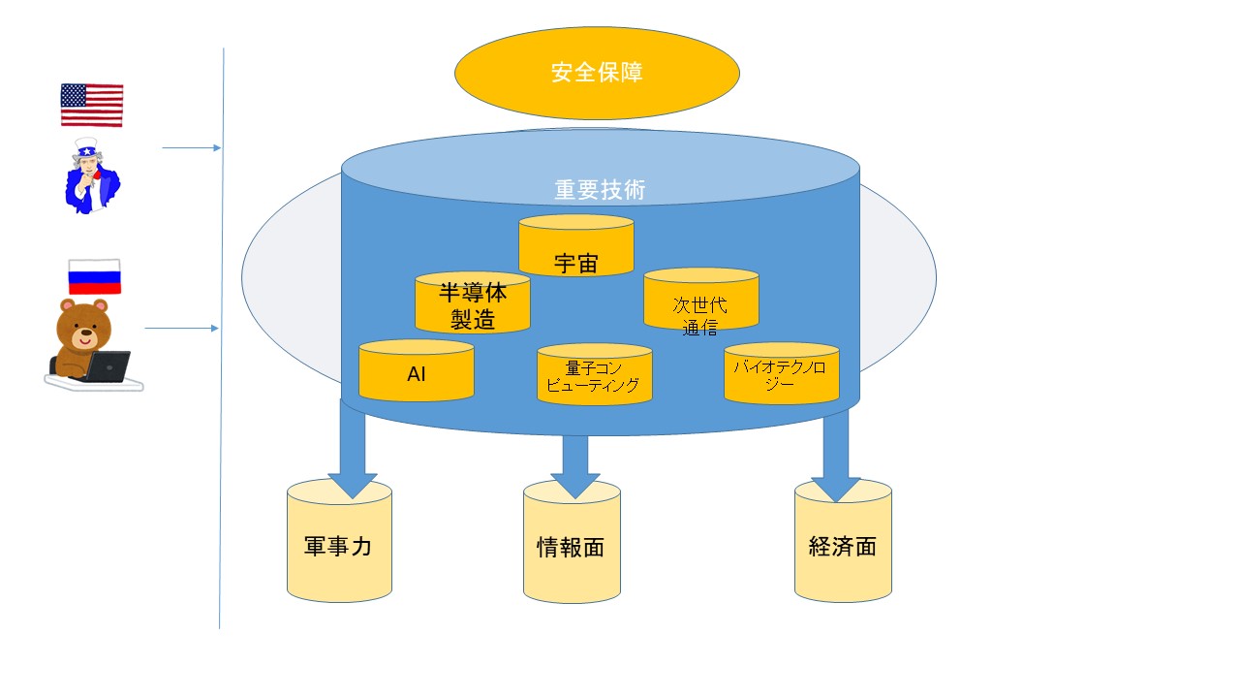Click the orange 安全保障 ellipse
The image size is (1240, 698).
pos(597,73)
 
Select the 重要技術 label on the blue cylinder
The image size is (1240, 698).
pos(600,189)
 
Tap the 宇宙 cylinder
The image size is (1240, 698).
pos(576,245)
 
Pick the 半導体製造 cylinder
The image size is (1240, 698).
pos(473,302)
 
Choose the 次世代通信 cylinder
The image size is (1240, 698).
pos(700,300)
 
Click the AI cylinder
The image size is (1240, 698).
pos(417,370)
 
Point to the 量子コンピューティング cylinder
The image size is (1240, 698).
pos(595,374)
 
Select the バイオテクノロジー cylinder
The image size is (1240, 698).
pos(782,373)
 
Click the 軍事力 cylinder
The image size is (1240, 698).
pos(339,541)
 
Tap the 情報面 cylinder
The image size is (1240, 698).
pos(572,542)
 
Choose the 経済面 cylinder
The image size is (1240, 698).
pos(843,541)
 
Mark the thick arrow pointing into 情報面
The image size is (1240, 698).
pos(575,466)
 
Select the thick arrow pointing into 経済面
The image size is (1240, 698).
pos(836,456)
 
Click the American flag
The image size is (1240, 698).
pos(92,106)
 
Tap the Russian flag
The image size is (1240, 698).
pos(95,277)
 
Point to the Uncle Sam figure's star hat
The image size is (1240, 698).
pos(86,148)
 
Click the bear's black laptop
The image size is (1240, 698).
pos(108,366)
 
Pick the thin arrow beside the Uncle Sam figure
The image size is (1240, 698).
pos(192,148)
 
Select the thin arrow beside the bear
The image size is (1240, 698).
pos(182,329)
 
